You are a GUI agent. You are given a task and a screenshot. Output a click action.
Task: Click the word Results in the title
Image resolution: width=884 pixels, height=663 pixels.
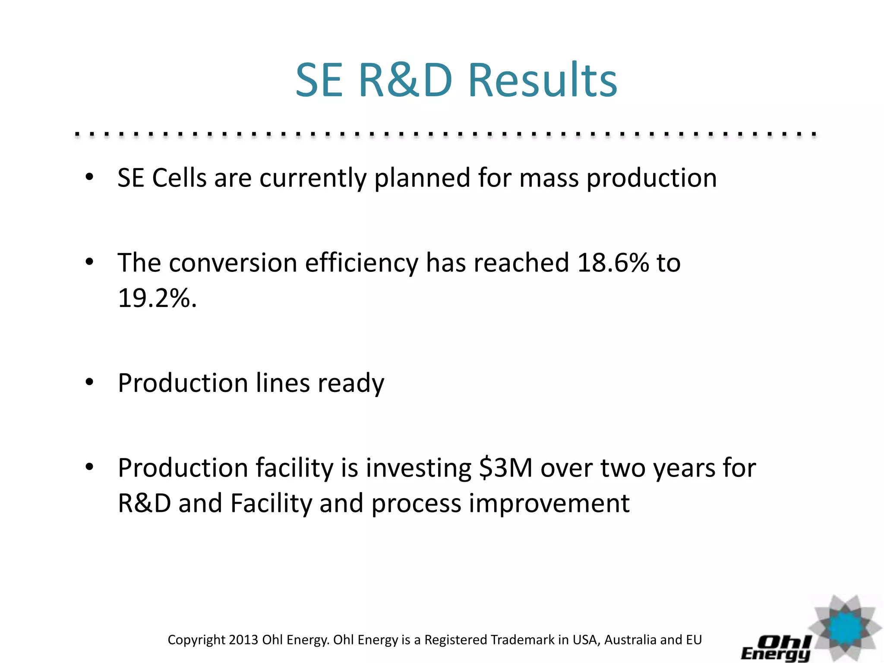(543, 81)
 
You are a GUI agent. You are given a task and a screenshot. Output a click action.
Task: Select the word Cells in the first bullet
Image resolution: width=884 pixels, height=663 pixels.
(179, 178)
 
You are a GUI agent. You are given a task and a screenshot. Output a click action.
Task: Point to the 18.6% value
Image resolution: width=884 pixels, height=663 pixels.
(612, 262)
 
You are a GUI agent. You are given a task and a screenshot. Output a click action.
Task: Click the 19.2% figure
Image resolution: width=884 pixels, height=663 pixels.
(157, 298)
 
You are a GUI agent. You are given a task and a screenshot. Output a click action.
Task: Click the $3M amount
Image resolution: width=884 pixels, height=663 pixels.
(506, 468)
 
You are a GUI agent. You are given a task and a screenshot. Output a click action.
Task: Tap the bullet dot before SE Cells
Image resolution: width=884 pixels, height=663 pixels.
(89, 177)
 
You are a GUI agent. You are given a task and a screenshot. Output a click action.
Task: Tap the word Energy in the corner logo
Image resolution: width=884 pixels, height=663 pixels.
(774, 654)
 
